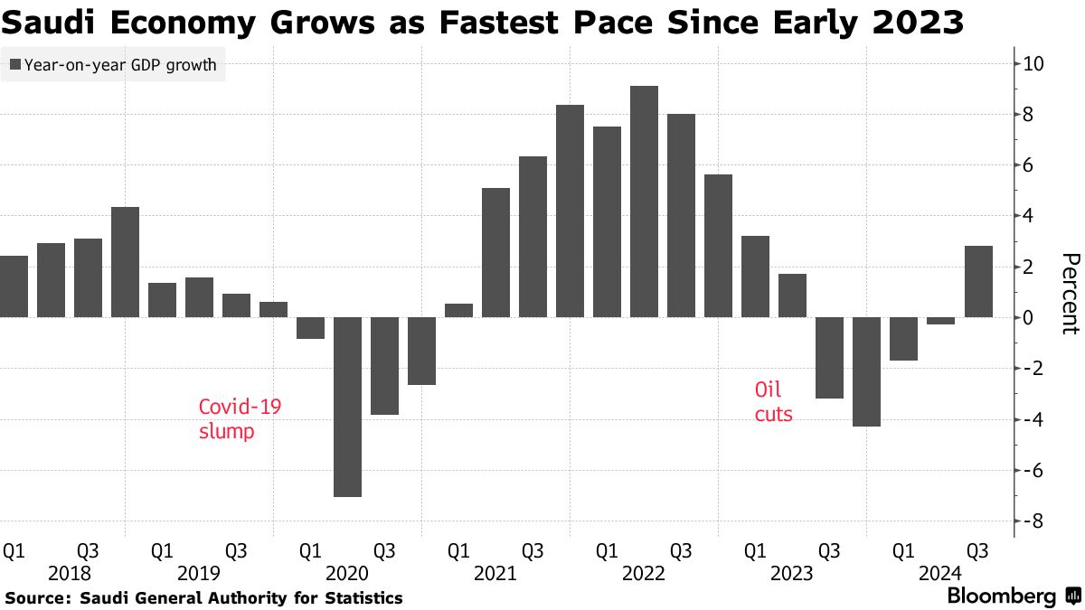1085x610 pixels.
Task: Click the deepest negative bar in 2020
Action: pyautogui.click(x=347, y=407)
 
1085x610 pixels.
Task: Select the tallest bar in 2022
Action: pyautogui.click(x=644, y=202)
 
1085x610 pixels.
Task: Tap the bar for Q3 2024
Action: pyautogui.click(x=977, y=281)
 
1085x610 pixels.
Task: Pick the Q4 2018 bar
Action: pyautogui.click(x=125, y=262)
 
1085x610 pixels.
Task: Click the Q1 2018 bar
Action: pyautogui.click(x=14, y=286)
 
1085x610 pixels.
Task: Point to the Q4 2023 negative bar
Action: pyautogui.click(x=866, y=371)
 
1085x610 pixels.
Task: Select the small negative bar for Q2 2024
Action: pyautogui.click(x=940, y=321)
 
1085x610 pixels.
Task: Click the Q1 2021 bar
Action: pyautogui.click(x=458, y=310)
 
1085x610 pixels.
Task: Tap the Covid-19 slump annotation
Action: pyautogui.click(x=240, y=419)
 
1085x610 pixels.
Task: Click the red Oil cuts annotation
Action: pyautogui.click(x=773, y=402)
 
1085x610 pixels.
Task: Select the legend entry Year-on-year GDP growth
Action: pyautogui.click(x=113, y=65)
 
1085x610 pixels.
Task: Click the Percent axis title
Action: pyautogui.click(x=1069, y=293)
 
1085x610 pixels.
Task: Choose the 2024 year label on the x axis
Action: pyautogui.click(x=939, y=573)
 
